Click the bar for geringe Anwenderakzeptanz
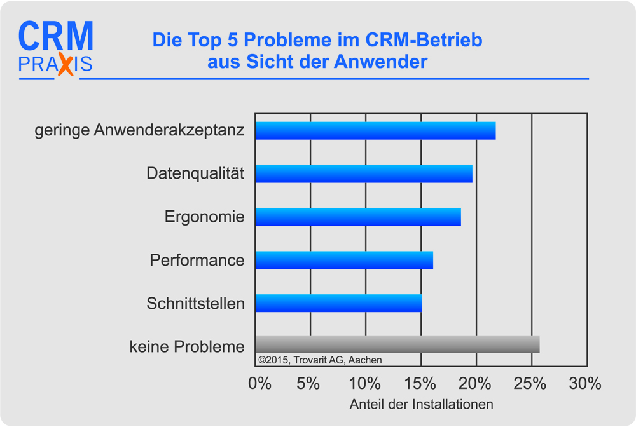[x=375, y=130]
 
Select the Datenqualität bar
[x=364, y=173]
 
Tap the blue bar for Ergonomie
[x=358, y=217]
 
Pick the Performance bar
[x=344, y=260]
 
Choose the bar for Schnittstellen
[x=338, y=303]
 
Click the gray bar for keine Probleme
[x=397, y=344]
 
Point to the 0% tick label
[x=259, y=383]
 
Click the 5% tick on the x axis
[x=308, y=383]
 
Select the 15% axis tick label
[x=420, y=383]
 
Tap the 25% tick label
[x=530, y=383]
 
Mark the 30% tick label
[x=585, y=383]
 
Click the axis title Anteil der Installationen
[x=422, y=404]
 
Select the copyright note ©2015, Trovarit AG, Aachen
[x=320, y=360]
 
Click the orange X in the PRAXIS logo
[x=65, y=65]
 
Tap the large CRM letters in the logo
[x=56, y=37]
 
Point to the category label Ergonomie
[x=204, y=217]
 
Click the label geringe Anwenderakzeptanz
[x=139, y=131]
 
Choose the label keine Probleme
[x=187, y=347]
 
